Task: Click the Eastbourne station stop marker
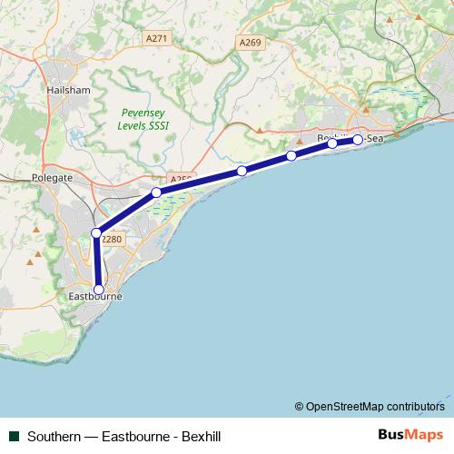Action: (x=99, y=289)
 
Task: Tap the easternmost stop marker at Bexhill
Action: (x=358, y=139)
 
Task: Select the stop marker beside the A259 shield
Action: (x=156, y=192)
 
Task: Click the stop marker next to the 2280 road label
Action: (x=96, y=232)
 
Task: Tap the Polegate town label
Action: (x=51, y=178)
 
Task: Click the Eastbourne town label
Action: (x=95, y=297)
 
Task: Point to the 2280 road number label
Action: (x=111, y=239)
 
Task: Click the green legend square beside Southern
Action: (x=15, y=435)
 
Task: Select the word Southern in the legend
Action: (x=53, y=435)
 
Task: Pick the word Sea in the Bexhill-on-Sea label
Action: (x=374, y=139)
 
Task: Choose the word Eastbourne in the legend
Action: (x=132, y=435)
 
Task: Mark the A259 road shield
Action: (x=180, y=181)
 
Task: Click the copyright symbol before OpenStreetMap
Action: (x=300, y=406)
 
